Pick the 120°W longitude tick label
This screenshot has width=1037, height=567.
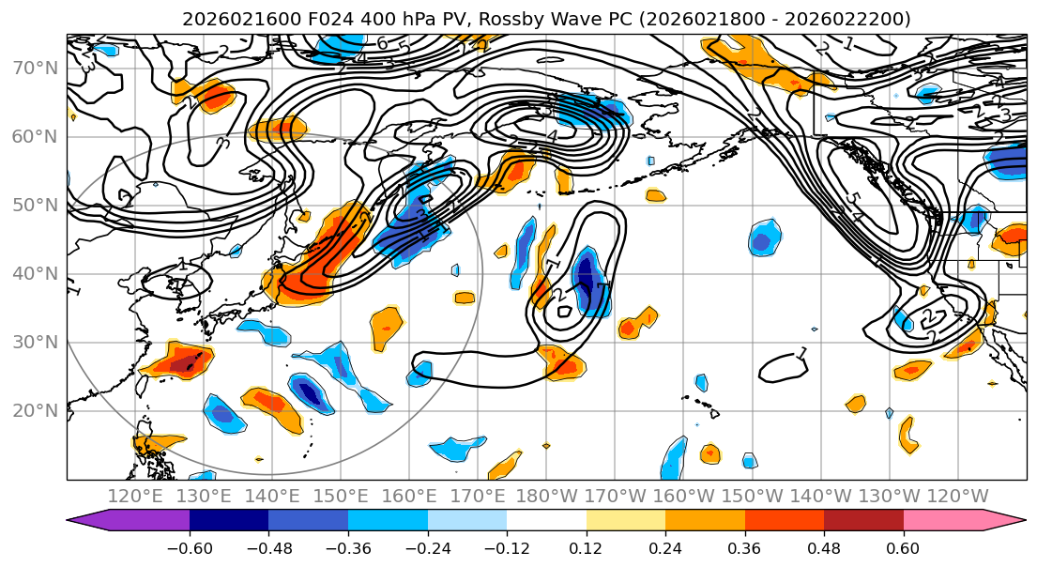(958, 496)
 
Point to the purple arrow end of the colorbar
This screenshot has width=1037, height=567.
(89, 521)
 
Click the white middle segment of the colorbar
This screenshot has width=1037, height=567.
(546, 521)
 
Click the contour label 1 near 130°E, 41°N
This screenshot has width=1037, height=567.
(182, 267)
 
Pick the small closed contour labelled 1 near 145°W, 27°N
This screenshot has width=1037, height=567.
(783, 367)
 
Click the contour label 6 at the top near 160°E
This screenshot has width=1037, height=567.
(382, 43)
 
